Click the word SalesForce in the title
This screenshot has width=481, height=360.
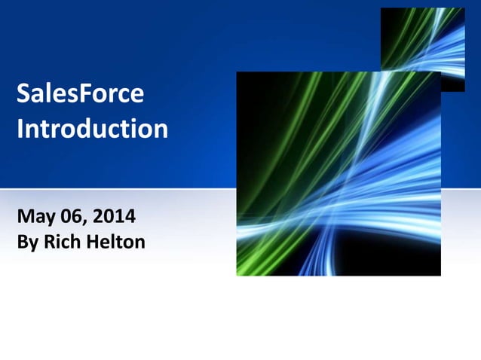point(80,95)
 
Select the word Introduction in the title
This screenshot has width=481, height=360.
point(92,129)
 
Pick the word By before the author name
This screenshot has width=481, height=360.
point(26,244)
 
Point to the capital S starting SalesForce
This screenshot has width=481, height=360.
point(23,95)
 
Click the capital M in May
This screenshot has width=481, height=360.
point(25,218)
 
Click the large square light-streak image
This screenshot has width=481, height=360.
point(339,174)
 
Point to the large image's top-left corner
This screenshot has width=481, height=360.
point(237,73)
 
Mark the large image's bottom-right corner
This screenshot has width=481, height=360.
point(440,275)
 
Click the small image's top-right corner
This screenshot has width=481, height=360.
point(464,9)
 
